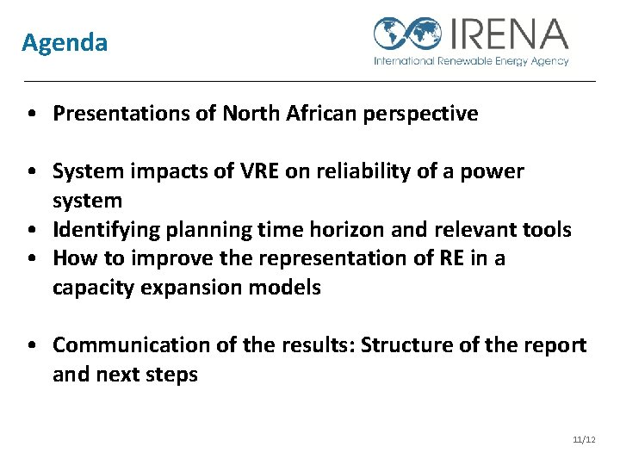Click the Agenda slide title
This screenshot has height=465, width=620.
65,42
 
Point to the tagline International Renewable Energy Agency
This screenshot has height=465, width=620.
471,61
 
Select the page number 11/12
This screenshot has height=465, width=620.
584,440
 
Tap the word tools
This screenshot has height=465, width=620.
547,229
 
